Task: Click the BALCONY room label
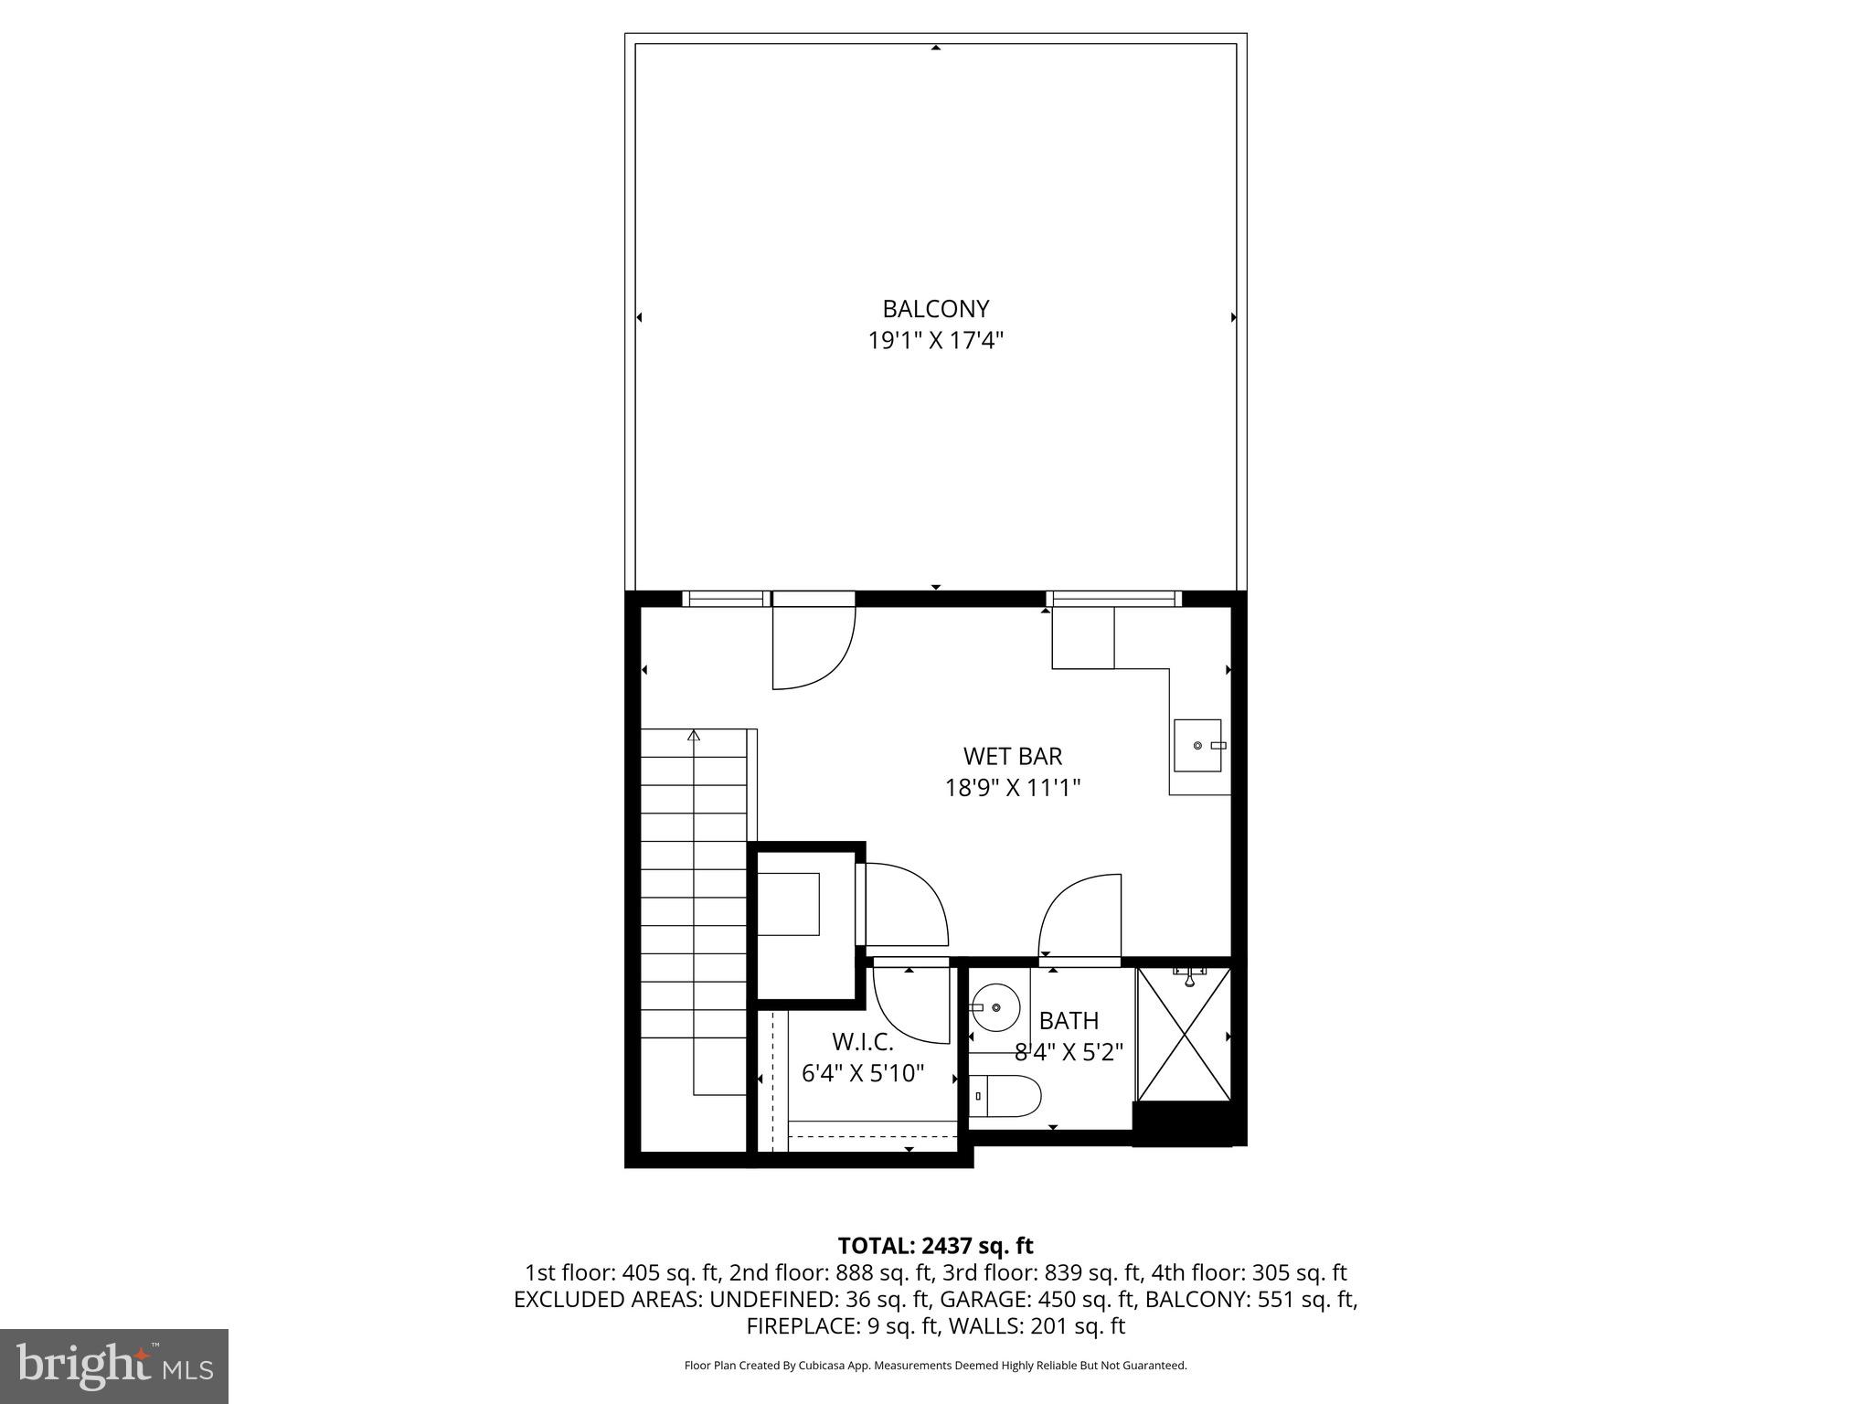(x=935, y=309)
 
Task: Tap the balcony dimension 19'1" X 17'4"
(x=935, y=341)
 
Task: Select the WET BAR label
(x=1013, y=756)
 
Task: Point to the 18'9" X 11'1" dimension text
(x=1013, y=787)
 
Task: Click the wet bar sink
(x=1198, y=745)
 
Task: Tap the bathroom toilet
(x=1005, y=1095)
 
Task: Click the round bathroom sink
(x=994, y=1007)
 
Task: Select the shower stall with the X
(x=1184, y=1034)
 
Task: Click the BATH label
(x=1069, y=1020)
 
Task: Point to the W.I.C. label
(x=862, y=1041)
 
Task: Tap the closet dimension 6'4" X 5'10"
(x=863, y=1072)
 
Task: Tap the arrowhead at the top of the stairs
(x=694, y=734)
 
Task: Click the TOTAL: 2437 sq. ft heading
(x=935, y=1246)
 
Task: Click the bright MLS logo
(x=114, y=1366)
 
